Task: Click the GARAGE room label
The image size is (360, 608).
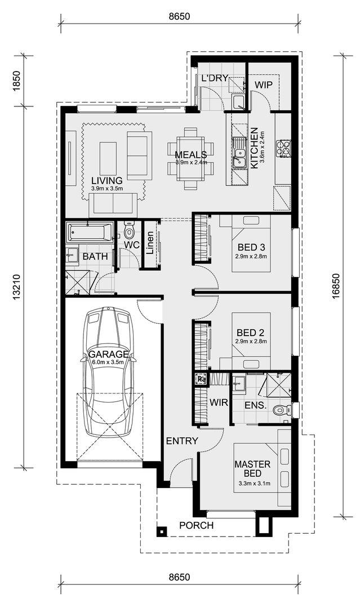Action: tap(109, 354)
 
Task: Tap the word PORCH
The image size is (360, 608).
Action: tap(196, 525)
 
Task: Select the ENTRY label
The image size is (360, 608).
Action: tap(182, 441)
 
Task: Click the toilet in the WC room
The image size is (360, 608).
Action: tap(128, 231)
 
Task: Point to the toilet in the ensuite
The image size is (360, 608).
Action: tap(281, 409)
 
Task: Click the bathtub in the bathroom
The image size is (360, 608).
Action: tap(90, 233)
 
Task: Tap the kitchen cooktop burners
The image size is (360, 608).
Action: tap(283, 148)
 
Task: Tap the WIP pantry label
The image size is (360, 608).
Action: tap(264, 85)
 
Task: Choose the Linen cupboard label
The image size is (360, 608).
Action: tap(150, 243)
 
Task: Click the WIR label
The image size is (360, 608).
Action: tap(219, 403)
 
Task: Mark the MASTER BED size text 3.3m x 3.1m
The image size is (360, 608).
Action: tap(252, 484)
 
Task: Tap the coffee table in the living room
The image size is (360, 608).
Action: tap(108, 158)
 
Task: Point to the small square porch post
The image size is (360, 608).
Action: tap(162, 531)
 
